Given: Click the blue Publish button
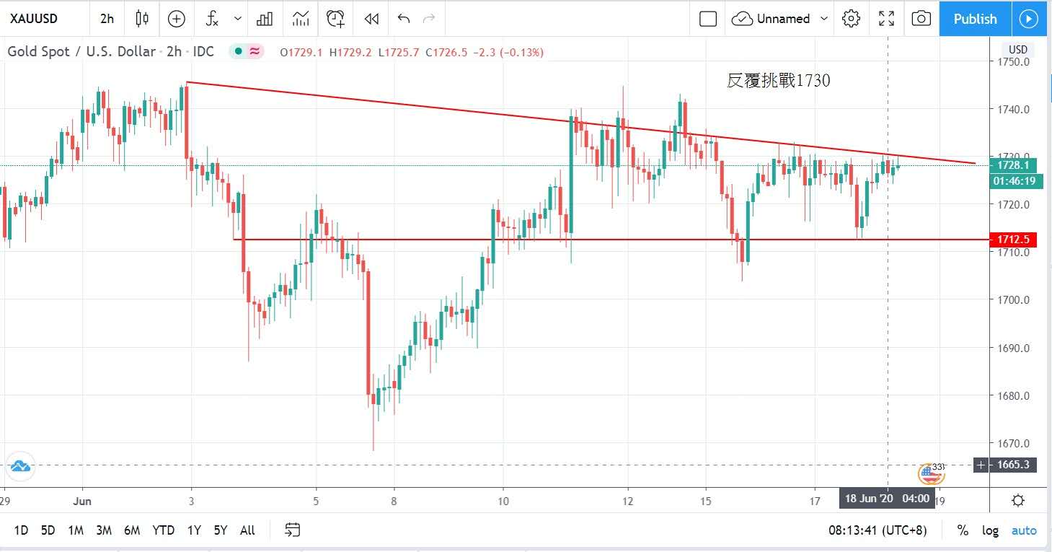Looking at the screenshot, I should (975, 19).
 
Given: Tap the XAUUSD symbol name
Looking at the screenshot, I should (34, 19).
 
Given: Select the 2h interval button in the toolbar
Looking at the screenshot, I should (107, 19).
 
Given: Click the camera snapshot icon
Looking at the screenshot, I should (921, 19).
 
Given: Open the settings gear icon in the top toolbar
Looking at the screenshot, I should (851, 19).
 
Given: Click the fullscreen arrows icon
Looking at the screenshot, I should (886, 19).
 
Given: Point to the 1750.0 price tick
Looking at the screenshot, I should (1013, 62).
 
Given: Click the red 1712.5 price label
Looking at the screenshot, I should (1012, 240).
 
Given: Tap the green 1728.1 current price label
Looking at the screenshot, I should (1013, 165).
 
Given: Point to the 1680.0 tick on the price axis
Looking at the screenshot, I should (1013, 395).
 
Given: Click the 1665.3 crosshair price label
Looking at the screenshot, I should (1012, 465).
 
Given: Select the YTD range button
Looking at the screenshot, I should (163, 530).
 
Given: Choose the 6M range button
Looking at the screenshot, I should (132, 530).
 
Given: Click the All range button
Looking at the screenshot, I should (247, 530).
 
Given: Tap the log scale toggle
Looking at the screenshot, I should (990, 530).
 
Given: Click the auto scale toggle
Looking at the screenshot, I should (1024, 530).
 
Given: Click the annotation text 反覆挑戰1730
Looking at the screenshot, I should (778, 81).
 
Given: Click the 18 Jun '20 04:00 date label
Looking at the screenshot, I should (886, 499).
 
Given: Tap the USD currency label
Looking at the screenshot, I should (1017, 49).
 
